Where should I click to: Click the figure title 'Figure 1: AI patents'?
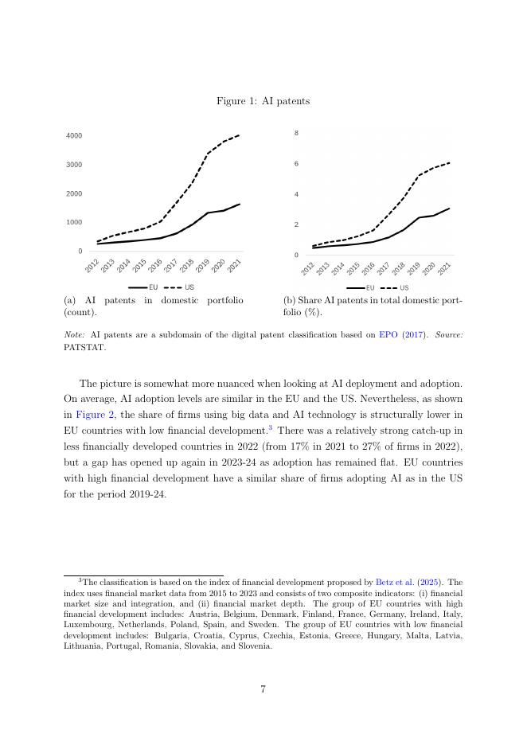click(x=263, y=101)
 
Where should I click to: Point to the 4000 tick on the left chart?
click(x=74, y=136)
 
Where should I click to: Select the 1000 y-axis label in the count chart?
click(x=74, y=222)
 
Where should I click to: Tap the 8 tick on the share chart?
click(x=296, y=133)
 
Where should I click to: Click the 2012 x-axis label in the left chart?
click(x=92, y=266)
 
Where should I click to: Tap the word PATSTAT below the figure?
click(x=84, y=347)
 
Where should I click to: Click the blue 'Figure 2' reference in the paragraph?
click(x=96, y=415)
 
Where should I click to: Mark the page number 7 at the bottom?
click(x=263, y=689)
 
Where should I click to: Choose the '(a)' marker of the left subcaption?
click(x=70, y=300)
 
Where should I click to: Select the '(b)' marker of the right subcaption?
click(x=290, y=300)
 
